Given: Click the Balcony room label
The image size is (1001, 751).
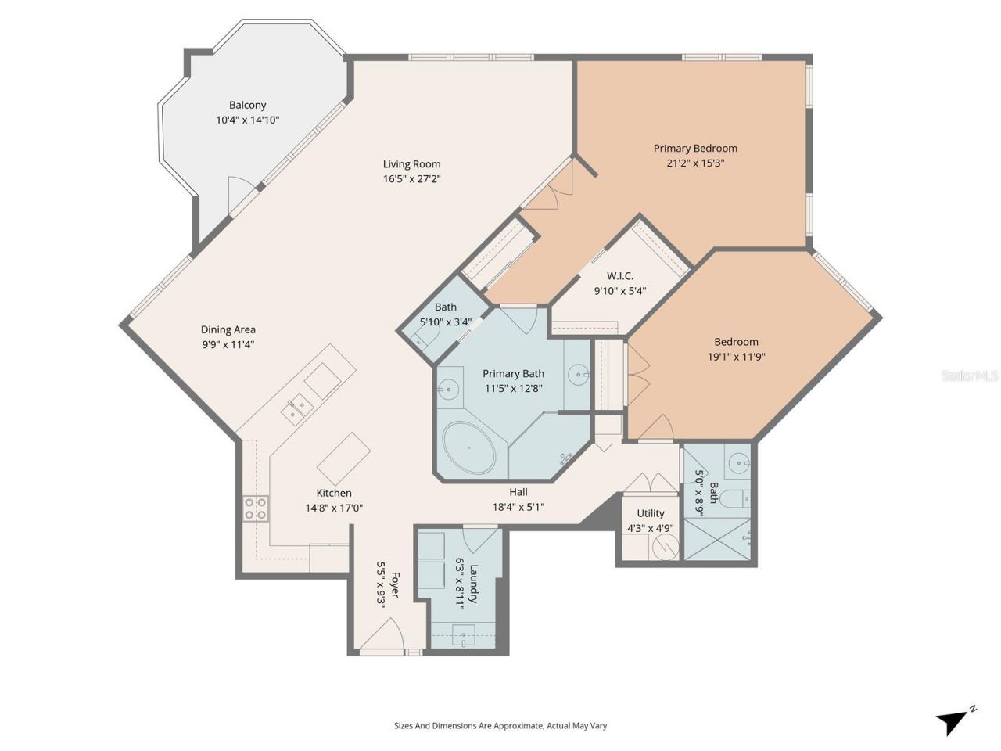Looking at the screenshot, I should click(247, 105).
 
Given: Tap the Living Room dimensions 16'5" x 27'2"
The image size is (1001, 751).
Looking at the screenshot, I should click(411, 179).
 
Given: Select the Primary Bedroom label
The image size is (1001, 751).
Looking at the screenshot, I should click(695, 148).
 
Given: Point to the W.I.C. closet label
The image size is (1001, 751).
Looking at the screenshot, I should click(619, 276).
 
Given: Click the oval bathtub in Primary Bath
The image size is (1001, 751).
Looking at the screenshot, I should click(469, 448).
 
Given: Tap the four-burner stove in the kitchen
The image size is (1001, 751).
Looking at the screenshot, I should click(256, 508).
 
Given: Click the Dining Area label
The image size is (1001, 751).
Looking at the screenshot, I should click(228, 329).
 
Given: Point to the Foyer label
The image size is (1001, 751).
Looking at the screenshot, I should click(395, 585).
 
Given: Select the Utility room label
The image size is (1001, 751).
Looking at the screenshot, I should click(650, 513).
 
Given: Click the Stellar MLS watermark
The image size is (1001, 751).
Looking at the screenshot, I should click(970, 376).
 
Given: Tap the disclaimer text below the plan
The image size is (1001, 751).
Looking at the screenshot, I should click(500, 726).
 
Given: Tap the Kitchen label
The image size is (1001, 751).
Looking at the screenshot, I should click(334, 493).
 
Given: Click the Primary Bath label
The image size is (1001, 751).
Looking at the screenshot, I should click(513, 373).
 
